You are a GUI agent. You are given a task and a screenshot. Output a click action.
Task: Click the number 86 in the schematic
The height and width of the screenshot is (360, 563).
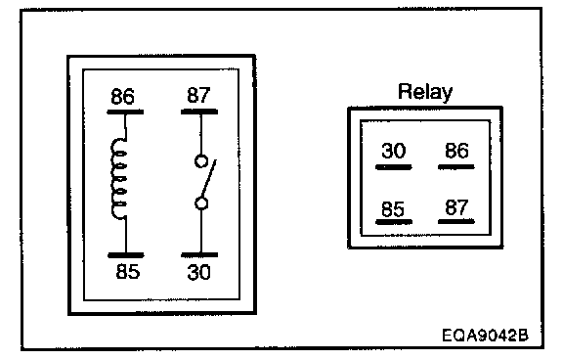(122, 96)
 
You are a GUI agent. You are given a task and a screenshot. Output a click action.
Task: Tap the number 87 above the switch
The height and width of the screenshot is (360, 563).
(198, 95)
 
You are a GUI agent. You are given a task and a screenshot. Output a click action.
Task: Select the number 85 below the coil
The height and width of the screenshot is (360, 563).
(128, 271)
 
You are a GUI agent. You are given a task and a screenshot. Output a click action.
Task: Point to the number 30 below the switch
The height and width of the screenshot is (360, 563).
(199, 272)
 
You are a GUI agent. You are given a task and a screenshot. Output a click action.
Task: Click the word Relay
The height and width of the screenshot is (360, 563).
(425, 92)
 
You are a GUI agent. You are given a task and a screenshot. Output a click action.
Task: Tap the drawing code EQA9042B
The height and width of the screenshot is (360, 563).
(485, 336)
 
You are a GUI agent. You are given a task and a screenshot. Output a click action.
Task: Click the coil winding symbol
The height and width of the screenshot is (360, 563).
(119, 179)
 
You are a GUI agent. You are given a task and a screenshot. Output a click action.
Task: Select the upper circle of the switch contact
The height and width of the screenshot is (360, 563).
(201, 161)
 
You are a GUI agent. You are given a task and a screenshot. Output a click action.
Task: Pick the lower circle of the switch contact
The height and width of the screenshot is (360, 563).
(201, 203)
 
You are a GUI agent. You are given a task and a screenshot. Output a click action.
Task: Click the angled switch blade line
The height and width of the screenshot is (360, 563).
(209, 179)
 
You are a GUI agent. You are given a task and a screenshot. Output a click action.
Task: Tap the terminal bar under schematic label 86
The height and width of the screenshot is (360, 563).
(125, 112)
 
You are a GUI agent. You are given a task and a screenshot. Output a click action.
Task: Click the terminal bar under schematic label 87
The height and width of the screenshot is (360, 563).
(199, 112)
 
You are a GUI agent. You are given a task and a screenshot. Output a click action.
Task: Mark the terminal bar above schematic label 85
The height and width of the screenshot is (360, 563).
(126, 255)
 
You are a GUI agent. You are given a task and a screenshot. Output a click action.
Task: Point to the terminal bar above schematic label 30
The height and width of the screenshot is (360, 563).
(199, 255)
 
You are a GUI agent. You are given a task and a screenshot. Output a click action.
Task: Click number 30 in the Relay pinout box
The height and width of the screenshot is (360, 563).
(394, 151)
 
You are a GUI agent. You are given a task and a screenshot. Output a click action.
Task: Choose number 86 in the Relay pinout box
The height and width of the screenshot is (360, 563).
(456, 151)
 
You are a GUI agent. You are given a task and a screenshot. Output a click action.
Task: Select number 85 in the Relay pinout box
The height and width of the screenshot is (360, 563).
(393, 209)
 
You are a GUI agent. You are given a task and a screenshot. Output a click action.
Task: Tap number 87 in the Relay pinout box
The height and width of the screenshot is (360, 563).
(456, 207)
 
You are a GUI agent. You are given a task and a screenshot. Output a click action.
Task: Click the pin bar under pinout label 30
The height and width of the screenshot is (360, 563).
(394, 167)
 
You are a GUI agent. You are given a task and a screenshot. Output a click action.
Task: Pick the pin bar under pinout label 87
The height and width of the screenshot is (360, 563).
(456, 222)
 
